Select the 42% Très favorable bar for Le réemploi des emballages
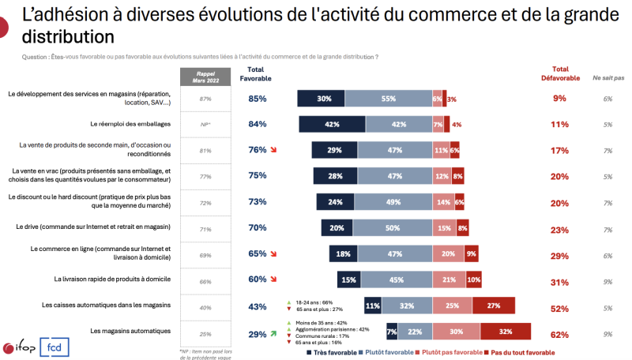(332, 124)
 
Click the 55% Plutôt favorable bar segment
(388, 99)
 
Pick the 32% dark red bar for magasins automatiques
(505, 333)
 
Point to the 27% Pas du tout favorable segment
(494, 306)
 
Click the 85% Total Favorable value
(257, 99)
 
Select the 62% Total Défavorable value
(559, 335)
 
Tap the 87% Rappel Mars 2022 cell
(205, 99)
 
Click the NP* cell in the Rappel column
(205, 125)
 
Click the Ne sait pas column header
(608, 77)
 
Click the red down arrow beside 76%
(274, 150)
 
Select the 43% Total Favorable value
(257, 306)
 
